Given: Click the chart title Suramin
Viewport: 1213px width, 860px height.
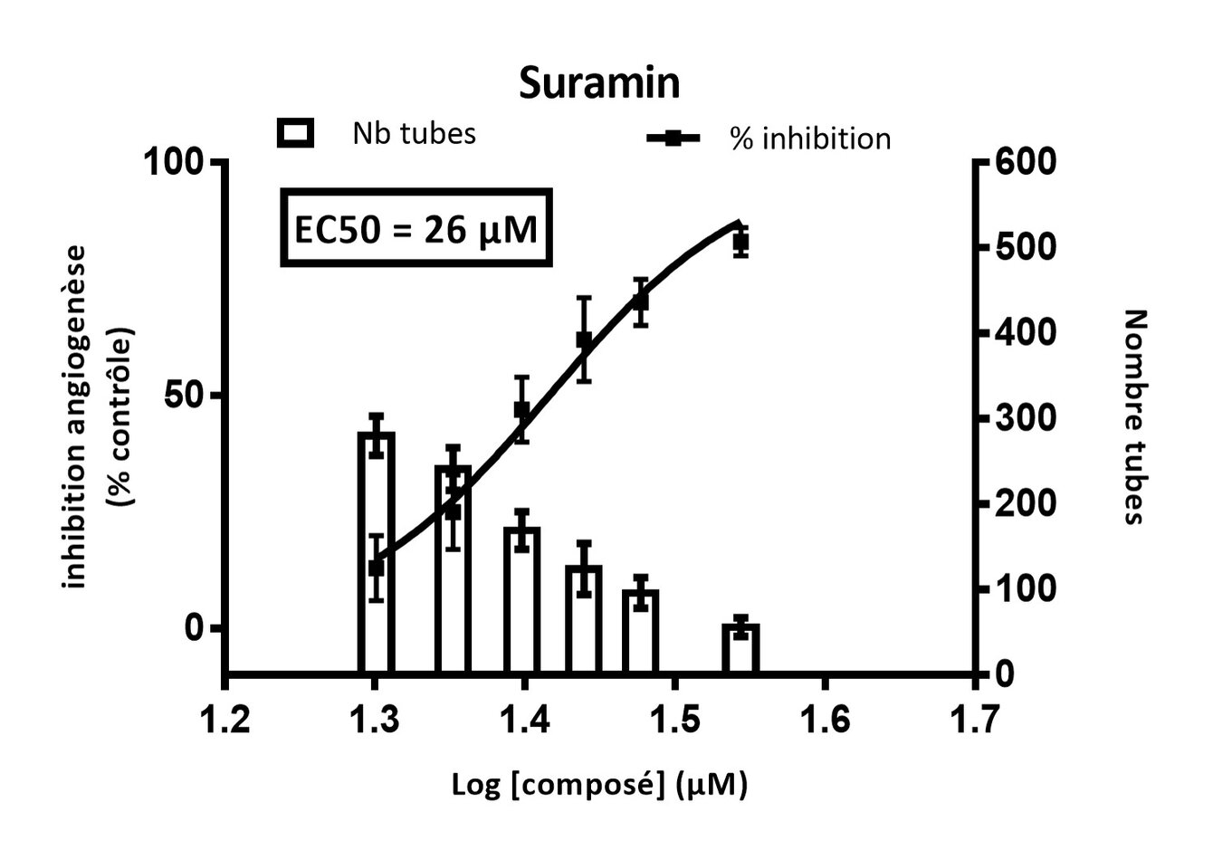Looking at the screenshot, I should pos(599,83).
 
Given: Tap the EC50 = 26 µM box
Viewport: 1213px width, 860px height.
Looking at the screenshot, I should pos(416,228).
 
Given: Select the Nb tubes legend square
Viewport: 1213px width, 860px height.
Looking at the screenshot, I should pos(295,133).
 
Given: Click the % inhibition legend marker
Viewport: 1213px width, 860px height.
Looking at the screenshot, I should pos(673,139).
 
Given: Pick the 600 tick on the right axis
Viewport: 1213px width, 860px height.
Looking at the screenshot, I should pos(1025,163).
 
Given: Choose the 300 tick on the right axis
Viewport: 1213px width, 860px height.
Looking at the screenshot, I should pos(1025,419).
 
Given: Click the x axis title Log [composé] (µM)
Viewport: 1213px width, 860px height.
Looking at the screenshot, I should pos(599,784).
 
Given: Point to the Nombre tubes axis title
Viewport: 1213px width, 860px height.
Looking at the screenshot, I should pos(1134,416).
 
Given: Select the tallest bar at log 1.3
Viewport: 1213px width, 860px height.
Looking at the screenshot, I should pos(376,552).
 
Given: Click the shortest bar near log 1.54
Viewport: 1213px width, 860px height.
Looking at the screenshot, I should pos(740,648).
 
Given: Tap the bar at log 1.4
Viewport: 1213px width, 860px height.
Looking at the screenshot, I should pos(522,599).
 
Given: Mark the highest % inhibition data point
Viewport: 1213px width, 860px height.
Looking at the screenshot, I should pos(740,243).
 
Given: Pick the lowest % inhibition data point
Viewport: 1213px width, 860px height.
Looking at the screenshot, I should pos(377,568).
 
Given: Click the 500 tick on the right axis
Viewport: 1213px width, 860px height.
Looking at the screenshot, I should pos(1025,247).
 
